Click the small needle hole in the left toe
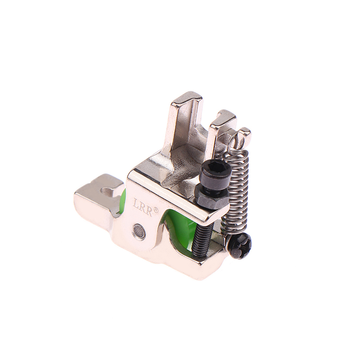pos(106,190)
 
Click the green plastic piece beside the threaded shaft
pos(181,229)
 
